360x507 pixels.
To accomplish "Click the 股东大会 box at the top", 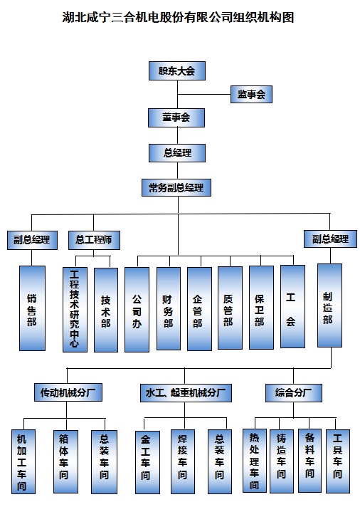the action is (x=177, y=70).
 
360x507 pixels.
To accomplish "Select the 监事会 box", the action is (x=251, y=95).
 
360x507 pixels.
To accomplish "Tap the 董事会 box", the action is (x=176, y=117).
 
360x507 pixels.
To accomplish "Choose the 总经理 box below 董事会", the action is (x=177, y=153).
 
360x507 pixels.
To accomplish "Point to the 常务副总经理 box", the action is (x=176, y=187).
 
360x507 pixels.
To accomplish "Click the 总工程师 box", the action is (x=94, y=240).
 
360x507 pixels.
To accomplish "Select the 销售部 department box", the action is (x=32, y=308).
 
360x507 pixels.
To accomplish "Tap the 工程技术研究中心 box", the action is (x=75, y=310).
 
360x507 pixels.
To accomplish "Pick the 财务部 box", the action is (x=169, y=308).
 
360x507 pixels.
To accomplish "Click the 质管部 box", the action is (x=230, y=308).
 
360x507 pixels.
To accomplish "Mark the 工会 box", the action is (x=293, y=306).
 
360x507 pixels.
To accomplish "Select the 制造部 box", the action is (x=329, y=305).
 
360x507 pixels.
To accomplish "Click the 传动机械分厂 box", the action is (x=68, y=392).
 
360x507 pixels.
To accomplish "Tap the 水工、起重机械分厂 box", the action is (x=186, y=393).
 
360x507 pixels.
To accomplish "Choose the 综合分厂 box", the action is (x=294, y=393).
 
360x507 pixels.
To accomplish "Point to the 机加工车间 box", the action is (x=23, y=461).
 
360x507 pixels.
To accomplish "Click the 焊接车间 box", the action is (x=183, y=461).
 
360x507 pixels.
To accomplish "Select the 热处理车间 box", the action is (x=255, y=461).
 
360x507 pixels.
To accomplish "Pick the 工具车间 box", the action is (x=338, y=461).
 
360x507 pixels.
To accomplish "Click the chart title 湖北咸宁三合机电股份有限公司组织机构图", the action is (x=178, y=17).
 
